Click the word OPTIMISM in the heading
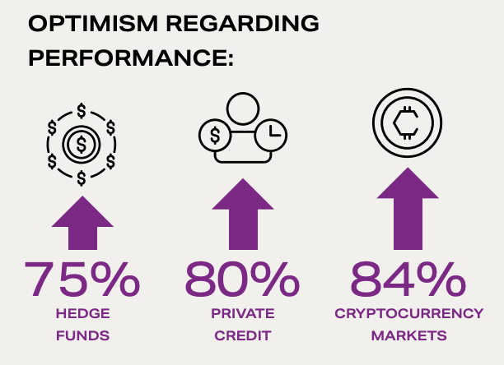pos(93,23)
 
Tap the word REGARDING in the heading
pos(243,23)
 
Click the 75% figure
pos(82,279)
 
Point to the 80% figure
pos(242,279)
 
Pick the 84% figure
pos(408,279)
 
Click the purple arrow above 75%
pos(82,223)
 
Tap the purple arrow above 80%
pos(243,215)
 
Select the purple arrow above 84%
pos(408,209)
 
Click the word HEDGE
pos(83,313)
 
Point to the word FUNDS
pos(83,335)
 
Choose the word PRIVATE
pos(243,313)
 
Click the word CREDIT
pos(243,335)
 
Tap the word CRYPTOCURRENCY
pos(408,313)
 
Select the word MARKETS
pos(408,335)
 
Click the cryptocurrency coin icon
pos(408,122)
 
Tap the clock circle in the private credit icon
pos(271,135)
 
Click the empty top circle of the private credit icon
pos(243,109)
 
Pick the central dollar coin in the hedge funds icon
pos(82,145)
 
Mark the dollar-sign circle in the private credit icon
pos(215,135)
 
